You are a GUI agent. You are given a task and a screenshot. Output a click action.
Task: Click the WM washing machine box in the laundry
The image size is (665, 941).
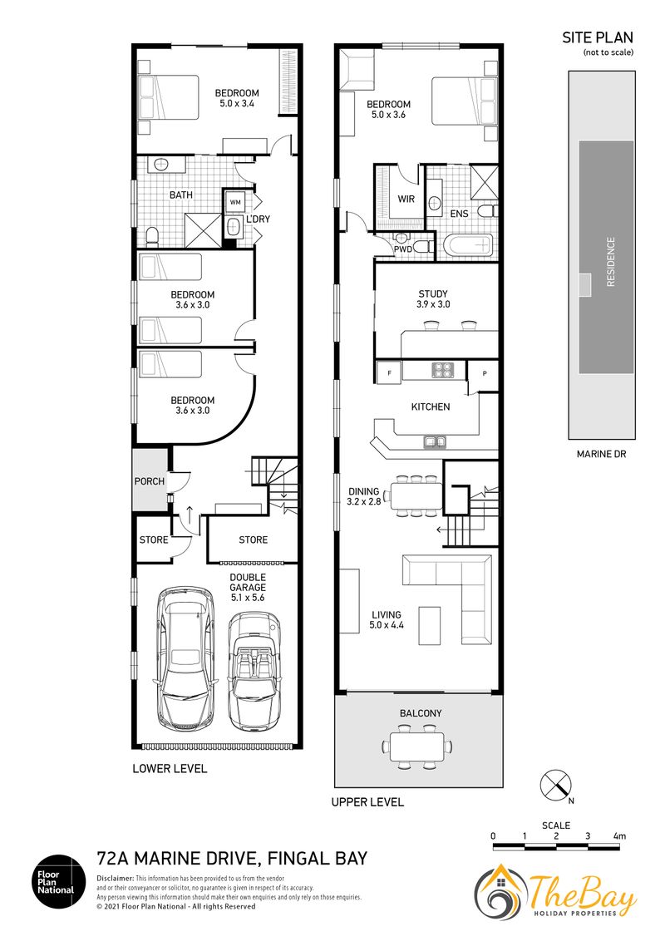click(x=234, y=202)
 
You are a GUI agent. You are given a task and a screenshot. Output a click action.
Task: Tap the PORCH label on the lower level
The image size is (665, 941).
click(x=150, y=480)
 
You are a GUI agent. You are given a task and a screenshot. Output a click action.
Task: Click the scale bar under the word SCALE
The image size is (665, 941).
click(x=557, y=847)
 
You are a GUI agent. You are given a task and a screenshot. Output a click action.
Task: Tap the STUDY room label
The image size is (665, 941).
click(x=433, y=293)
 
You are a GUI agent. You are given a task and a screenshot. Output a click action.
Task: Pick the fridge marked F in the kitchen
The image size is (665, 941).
click(x=389, y=372)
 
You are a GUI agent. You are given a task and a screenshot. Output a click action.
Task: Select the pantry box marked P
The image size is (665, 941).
click(x=485, y=374)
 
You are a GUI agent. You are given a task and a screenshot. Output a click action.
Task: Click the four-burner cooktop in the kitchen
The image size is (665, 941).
click(x=444, y=370)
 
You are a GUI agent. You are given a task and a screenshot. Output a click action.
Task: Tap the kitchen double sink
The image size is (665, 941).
click(x=435, y=441)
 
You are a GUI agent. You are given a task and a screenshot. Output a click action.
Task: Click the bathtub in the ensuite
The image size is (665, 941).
click(x=469, y=245)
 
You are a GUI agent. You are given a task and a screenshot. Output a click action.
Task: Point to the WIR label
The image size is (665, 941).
click(x=406, y=199)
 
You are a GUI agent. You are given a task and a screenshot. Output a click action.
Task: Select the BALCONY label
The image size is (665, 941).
click(x=421, y=713)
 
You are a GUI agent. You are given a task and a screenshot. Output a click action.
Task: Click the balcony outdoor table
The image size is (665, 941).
click(x=418, y=746)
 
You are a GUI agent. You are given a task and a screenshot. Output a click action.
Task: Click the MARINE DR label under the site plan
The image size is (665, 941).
click(x=601, y=455)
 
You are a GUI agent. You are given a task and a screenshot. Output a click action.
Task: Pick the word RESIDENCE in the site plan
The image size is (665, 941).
click(x=611, y=262)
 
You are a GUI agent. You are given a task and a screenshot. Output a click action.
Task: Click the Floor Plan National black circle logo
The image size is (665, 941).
click(x=54, y=882)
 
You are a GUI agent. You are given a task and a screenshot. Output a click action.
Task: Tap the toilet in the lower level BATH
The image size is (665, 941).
click(x=152, y=236)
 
